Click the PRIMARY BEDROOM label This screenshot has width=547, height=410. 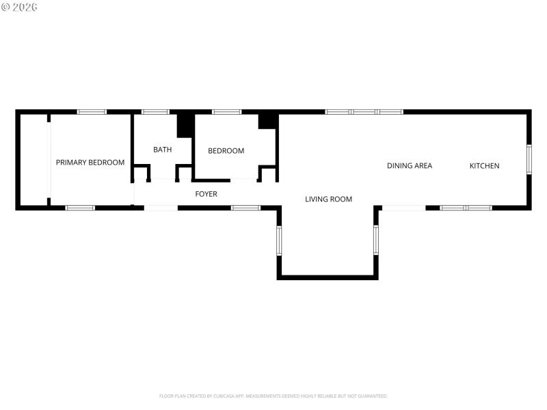tap(90, 163)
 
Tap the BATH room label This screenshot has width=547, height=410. tap(162, 150)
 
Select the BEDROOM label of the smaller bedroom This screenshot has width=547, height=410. tap(226, 151)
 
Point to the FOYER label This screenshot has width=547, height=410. tap(206, 194)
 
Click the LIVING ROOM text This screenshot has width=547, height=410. tap(328, 200)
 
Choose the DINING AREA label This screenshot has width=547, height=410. tap(409, 165)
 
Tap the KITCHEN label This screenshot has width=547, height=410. tap(484, 165)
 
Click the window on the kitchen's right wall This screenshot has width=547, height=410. tap(529, 159)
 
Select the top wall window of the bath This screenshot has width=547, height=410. tap(155, 111)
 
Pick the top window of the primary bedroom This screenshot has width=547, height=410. tap(91, 111)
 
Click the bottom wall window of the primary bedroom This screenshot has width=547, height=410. tap(80, 208)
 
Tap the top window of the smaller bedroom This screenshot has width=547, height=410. tap(226, 111)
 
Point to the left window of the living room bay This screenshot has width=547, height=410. tap(279, 241)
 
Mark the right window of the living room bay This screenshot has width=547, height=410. tap(376, 241)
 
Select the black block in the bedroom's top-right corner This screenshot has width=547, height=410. tap(267, 120)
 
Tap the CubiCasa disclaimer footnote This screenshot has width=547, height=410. tap(273, 396)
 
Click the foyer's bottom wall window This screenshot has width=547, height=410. tap(245, 208)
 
